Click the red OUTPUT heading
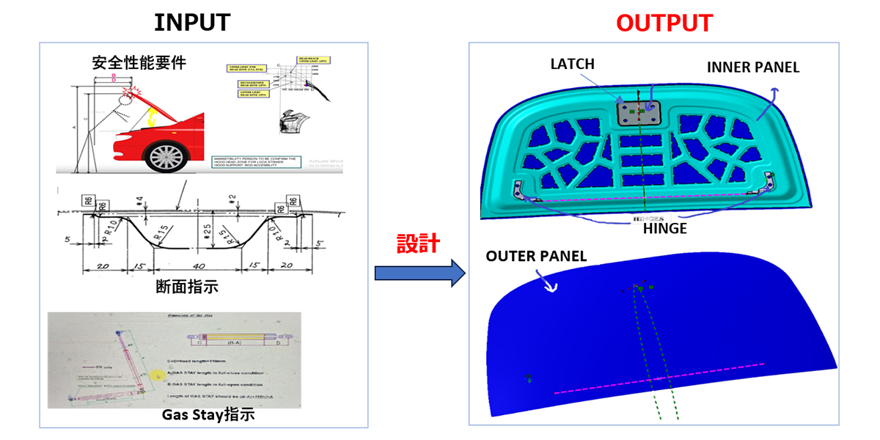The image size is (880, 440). [664, 23]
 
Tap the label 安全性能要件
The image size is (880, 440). [139, 63]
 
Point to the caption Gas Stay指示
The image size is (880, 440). [208, 415]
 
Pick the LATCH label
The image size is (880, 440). [572, 64]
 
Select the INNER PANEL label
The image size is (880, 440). [753, 67]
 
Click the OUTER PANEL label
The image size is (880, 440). [536, 256]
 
